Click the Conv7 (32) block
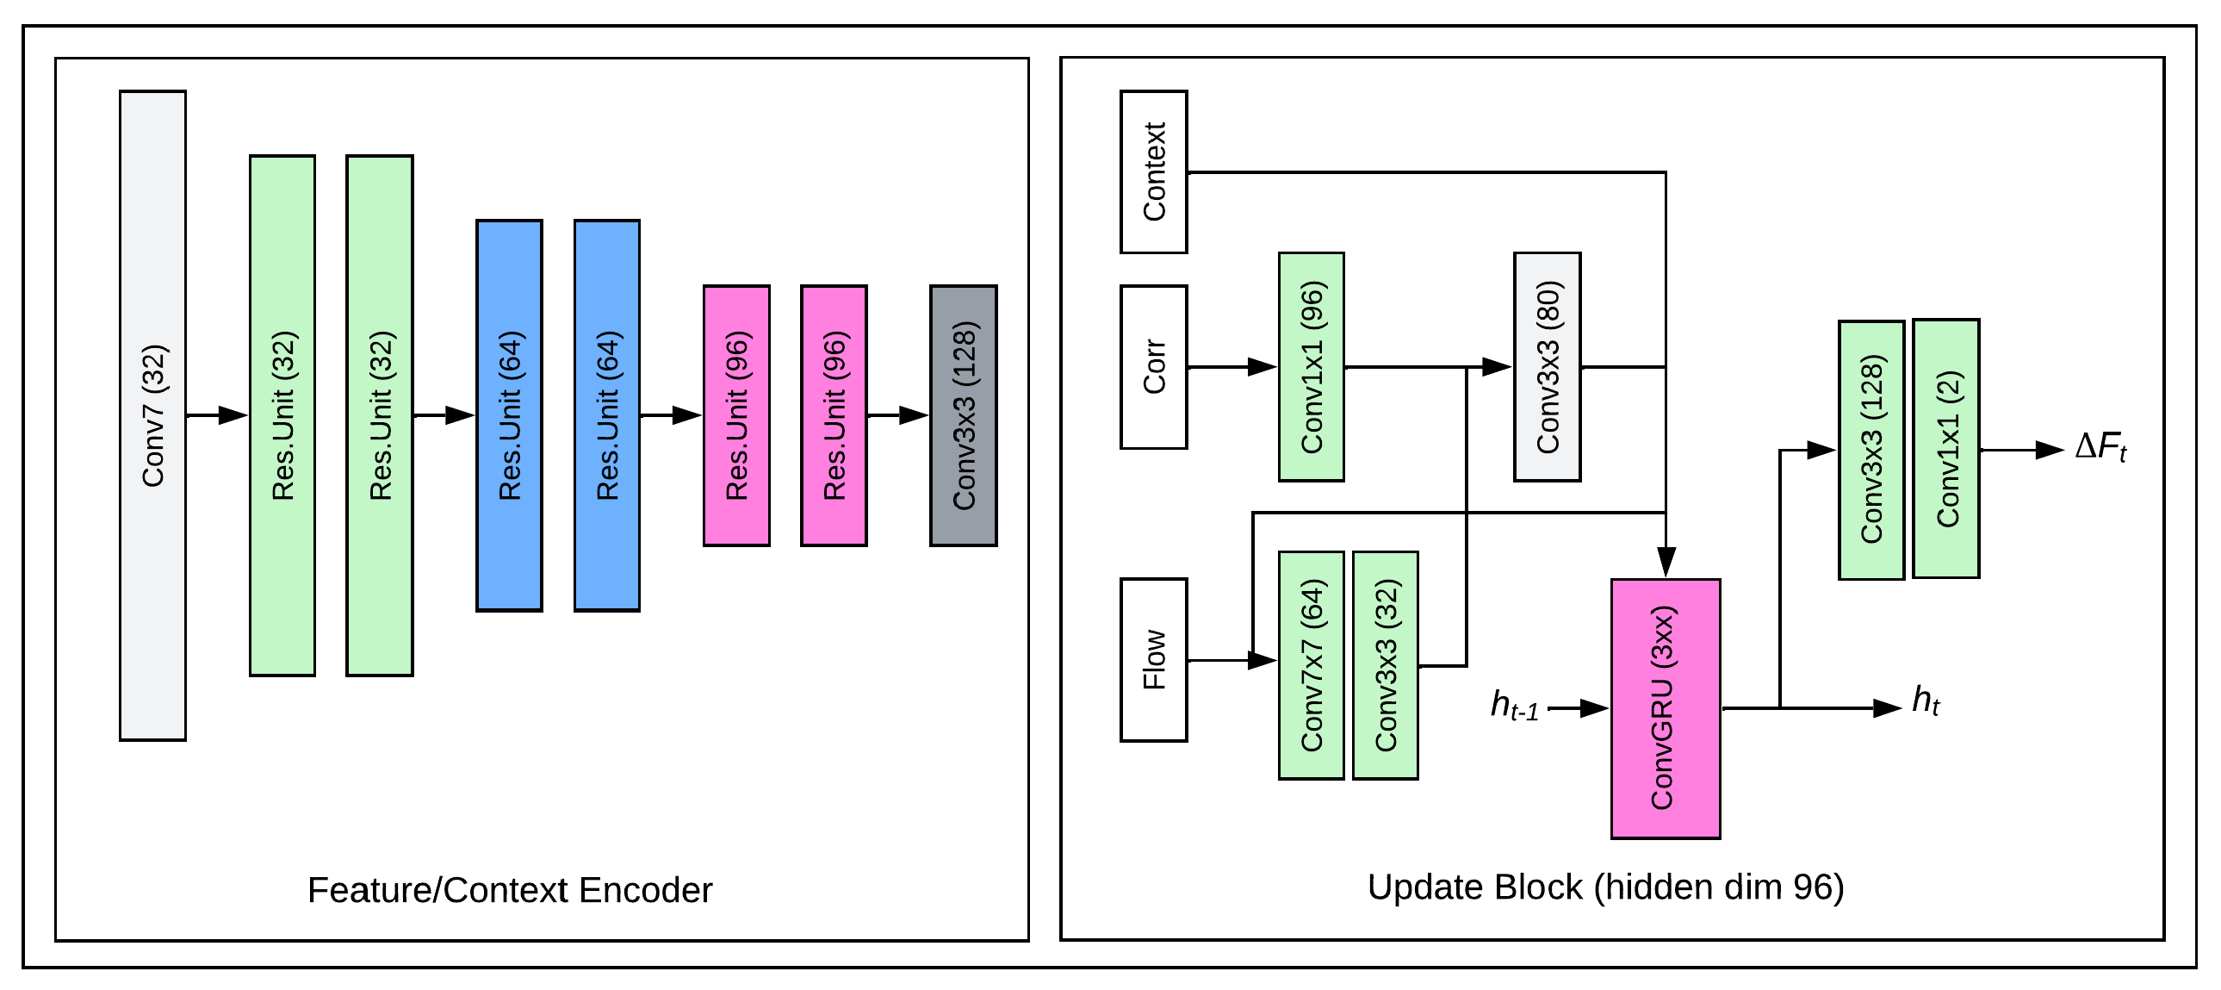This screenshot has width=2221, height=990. [x=152, y=415]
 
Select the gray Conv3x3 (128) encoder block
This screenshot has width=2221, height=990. [x=963, y=415]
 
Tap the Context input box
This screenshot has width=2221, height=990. [x=1153, y=172]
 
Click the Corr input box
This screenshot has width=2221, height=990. [x=1153, y=367]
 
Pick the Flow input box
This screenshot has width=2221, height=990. [x=1153, y=660]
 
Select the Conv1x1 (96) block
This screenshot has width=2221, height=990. [x=1311, y=367]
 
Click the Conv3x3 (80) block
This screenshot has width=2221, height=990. [x=1547, y=367]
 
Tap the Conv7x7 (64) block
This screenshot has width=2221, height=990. [x=1311, y=666]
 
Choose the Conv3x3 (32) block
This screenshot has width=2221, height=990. [x=1385, y=666]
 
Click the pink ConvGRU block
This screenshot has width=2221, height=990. [x=1665, y=709]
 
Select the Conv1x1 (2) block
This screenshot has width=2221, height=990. [x=1945, y=448]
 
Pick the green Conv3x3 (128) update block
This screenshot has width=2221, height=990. [x=1870, y=450]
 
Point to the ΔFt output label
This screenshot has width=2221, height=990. [x=2100, y=448]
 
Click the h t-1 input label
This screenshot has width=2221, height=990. [x=1514, y=707]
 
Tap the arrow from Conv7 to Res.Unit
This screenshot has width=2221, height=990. [x=217, y=415]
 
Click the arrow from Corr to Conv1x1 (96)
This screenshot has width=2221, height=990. [x=1232, y=367]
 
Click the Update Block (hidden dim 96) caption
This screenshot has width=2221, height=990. [x=1605, y=887]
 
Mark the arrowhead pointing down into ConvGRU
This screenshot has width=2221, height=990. [x=1666, y=563]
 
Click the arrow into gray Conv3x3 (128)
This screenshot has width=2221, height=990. [x=898, y=415]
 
